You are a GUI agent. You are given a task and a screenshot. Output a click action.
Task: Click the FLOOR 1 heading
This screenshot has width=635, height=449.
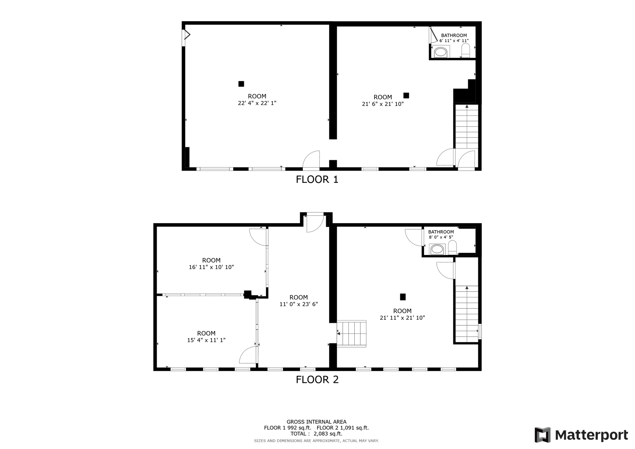pyautogui.click(x=317, y=180)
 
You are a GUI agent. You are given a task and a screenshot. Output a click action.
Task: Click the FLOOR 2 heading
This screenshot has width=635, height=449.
pyautogui.click(x=317, y=380)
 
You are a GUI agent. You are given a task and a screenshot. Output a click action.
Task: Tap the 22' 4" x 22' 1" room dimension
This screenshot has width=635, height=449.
pyautogui.click(x=257, y=103)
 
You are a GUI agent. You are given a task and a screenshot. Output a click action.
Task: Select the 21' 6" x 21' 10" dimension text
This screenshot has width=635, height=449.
pyautogui.click(x=383, y=104)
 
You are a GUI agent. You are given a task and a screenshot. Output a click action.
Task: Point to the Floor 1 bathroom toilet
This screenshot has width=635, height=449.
pyautogui.click(x=465, y=51)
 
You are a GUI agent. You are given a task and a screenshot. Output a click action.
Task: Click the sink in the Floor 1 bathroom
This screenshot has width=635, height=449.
pyautogui.click(x=441, y=52)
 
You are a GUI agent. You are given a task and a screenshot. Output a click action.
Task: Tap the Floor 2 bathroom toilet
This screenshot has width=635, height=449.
pyautogui.click(x=452, y=248)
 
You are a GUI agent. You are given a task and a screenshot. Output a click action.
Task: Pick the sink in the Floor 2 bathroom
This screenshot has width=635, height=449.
pyautogui.click(x=437, y=249)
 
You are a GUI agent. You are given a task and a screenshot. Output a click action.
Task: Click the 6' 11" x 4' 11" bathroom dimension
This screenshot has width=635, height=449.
pyautogui.click(x=454, y=41)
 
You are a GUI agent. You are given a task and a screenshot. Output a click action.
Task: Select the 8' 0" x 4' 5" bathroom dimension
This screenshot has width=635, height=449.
pyautogui.click(x=441, y=237)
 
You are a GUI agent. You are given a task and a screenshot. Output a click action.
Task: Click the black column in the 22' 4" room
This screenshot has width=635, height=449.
pyautogui.click(x=241, y=84)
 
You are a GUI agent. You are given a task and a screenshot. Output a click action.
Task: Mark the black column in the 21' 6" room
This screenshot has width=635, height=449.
pyautogui.click(x=406, y=95)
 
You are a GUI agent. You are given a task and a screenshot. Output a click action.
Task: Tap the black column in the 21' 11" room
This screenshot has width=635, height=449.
pyautogui.click(x=403, y=297)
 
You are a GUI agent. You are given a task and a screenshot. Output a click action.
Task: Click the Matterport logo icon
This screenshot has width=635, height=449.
pyautogui.click(x=543, y=435)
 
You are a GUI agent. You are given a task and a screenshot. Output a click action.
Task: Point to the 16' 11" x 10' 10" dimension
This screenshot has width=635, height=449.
pyautogui.click(x=211, y=267)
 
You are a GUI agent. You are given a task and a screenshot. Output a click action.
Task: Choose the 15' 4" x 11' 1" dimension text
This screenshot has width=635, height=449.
pyautogui.click(x=206, y=340)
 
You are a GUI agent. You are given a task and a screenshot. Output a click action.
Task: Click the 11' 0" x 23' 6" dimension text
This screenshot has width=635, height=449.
pyautogui.click(x=299, y=304)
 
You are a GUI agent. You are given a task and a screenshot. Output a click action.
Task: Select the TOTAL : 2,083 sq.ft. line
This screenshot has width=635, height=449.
pyautogui.click(x=316, y=434)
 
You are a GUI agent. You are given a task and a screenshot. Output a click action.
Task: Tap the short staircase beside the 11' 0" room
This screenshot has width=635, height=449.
pyautogui.click(x=351, y=333)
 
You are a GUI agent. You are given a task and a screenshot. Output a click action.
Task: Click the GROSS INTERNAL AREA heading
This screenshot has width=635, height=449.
pyautogui.click(x=317, y=422)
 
